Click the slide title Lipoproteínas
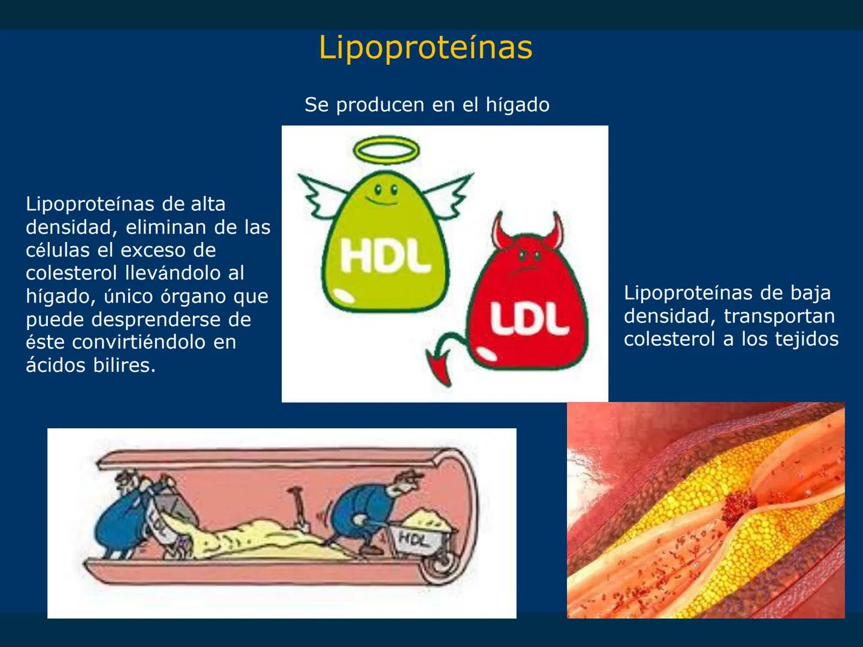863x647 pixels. click(426, 47)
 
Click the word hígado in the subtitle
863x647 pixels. click(517, 105)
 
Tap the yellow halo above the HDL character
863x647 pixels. click(387, 150)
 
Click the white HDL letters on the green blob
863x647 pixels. click(385, 256)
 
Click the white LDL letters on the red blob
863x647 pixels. click(529, 318)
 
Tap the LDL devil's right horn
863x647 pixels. click(556, 231)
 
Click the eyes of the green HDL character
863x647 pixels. click(386, 191)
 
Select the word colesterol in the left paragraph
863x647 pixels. click(72, 273)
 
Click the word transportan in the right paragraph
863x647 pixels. click(779, 316)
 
